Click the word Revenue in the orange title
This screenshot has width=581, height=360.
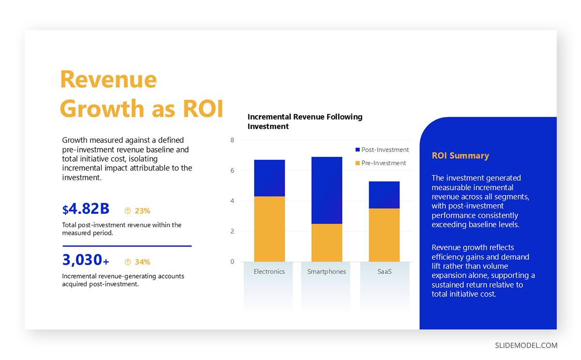[108, 79]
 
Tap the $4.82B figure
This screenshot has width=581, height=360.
[86, 209]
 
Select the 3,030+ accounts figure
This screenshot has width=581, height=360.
[86, 260]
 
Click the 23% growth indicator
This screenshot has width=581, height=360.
[142, 211]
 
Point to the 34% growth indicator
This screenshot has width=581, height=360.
[142, 262]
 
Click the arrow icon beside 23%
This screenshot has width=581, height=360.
[128, 211]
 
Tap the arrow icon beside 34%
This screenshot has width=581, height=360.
[128, 262]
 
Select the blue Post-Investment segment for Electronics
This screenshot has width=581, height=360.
[269, 178]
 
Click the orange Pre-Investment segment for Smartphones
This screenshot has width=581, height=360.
[327, 242]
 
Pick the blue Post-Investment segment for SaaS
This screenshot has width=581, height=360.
[384, 195]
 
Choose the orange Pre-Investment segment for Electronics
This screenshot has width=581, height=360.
[269, 229]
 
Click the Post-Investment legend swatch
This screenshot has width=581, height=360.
[357, 150]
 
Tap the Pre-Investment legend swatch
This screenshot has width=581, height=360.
[357, 163]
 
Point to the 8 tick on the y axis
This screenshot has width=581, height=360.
[232, 141]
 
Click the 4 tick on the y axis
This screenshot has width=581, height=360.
[232, 201]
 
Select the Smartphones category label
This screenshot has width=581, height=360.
[327, 272]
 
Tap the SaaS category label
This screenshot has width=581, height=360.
[384, 272]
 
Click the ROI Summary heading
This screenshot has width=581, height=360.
[460, 156]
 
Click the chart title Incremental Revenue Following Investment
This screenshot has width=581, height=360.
[305, 122]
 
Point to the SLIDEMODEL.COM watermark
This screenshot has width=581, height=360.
[526, 345]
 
